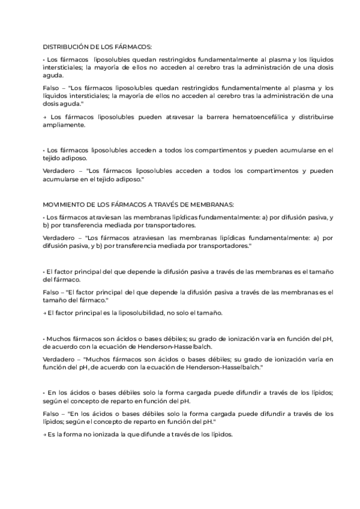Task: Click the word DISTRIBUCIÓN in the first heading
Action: click(64, 46)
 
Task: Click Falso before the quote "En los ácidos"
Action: click(52, 413)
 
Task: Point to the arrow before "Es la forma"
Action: click(45, 433)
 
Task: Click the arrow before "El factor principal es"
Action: click(45, 313)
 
